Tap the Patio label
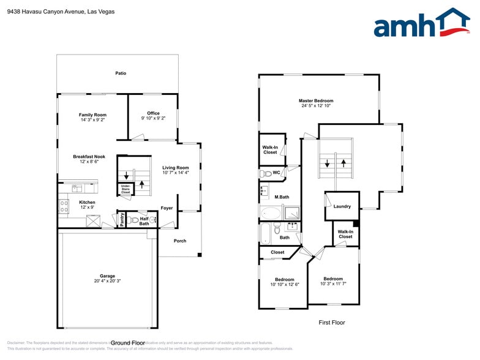[x=121, y=73]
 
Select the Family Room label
[x=92, y=114]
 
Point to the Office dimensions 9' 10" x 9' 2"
[x=153, y=118]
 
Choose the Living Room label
[x=175, y=168]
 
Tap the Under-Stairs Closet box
[x=125, y=189]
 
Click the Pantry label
[x=122, y=220]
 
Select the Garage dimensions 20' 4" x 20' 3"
[x=108, y=281]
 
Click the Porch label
[x=180, y=241]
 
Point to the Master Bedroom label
[x=316, y=100]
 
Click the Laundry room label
[x=342, y=206]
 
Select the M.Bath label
[x=282, y=197]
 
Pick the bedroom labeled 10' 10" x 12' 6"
[x=284, y=282]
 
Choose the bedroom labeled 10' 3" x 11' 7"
[x=333, y=281]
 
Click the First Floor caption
[x=332, y=322]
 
